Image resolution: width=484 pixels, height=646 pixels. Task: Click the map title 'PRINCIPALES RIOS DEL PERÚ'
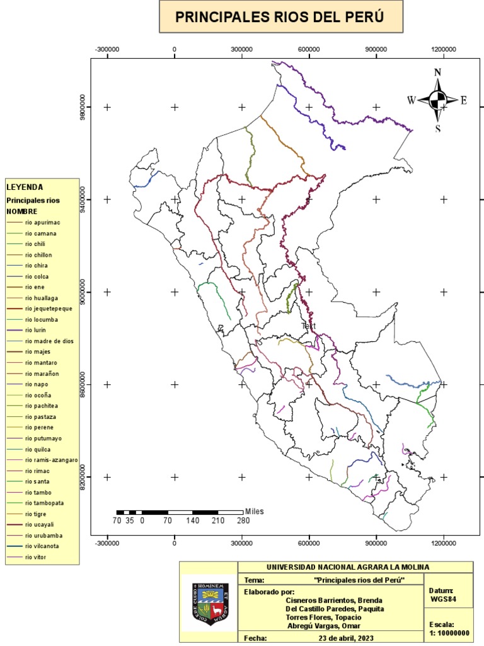(x=280, y=17)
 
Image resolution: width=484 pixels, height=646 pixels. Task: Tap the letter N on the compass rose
(x=437, y=72)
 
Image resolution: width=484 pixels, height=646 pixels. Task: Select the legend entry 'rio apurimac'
(x=43, y=223)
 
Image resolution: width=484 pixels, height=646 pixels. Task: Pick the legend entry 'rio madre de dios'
(x=49, y=341)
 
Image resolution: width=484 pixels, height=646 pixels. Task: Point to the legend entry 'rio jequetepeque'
(x=49, y=308)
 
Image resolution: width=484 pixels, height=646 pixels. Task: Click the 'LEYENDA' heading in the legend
(x=25, y=187)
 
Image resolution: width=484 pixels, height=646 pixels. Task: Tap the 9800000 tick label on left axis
(x=83, y=107)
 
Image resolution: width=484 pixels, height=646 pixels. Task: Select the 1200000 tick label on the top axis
(x=444, y=49)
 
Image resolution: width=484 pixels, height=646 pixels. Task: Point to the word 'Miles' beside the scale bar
(x=255, y=511)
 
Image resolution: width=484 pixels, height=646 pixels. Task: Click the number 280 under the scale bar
(x=243, y=521)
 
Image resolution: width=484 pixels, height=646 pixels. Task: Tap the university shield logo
(x=209, y=604)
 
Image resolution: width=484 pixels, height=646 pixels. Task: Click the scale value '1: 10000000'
(x=449, y=633)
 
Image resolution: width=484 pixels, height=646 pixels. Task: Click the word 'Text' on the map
(x=309, y=326)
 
